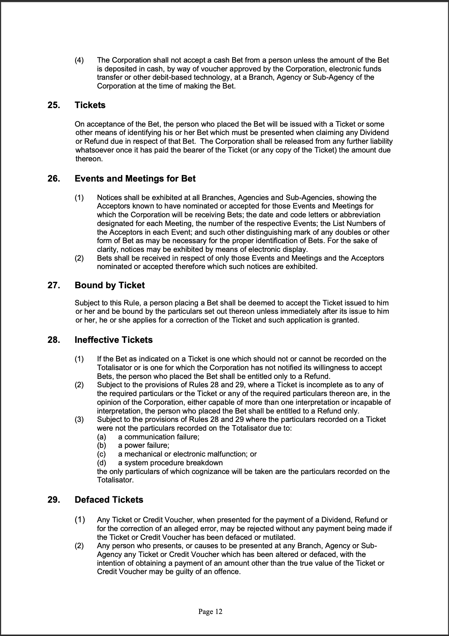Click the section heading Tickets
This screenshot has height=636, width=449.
point(90,105)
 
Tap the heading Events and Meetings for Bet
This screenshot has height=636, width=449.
point(135,179)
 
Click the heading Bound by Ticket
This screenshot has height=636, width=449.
point(109,285)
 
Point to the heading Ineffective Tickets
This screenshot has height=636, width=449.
point(114,340)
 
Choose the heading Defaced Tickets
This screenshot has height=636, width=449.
point(109,500)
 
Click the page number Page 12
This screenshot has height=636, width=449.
point(210,612)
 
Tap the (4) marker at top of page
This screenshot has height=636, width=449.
point(79,60)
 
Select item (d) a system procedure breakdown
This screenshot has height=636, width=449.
point(170,463)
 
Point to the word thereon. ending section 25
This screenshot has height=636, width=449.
point(89,159)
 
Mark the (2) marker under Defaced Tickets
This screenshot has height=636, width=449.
point(79,546)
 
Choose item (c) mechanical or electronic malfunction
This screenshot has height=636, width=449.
point(187,454)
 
